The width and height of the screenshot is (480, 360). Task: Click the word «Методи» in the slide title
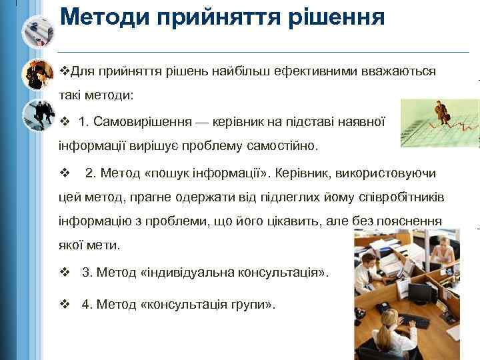point(105,16)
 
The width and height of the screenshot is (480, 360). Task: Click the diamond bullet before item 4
point(65,304)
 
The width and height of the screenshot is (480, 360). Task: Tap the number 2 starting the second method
point(89,173)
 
